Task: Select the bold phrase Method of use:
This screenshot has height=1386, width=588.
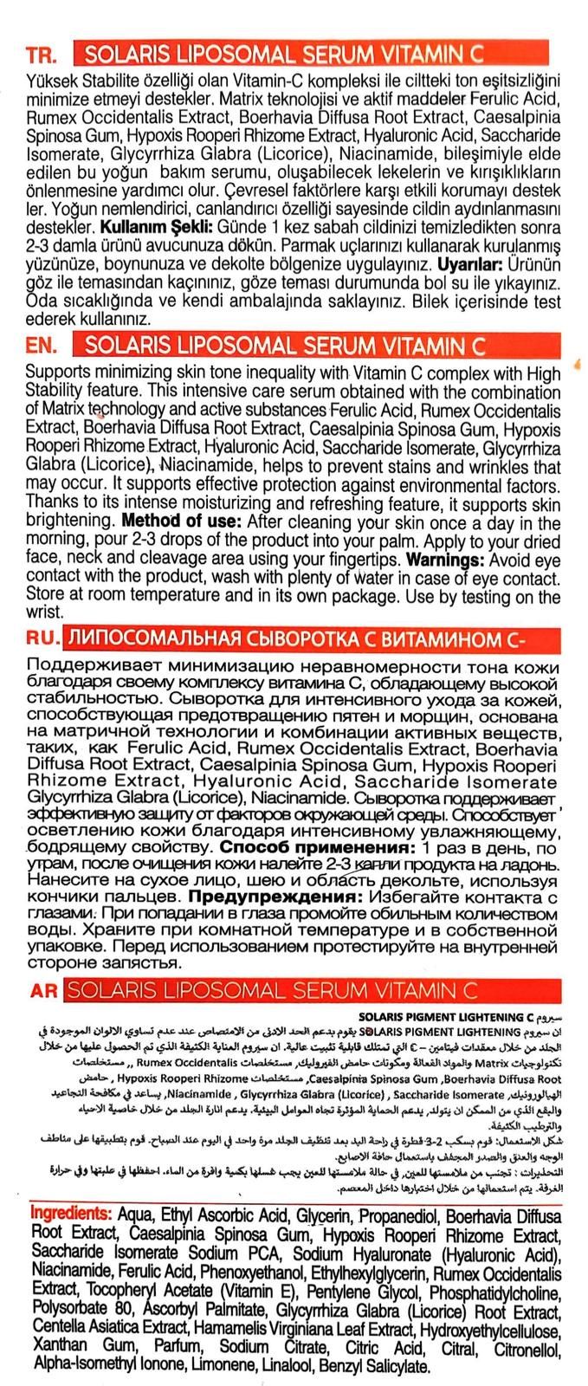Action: point(183,522)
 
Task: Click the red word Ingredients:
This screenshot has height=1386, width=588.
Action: point(72,1214)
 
